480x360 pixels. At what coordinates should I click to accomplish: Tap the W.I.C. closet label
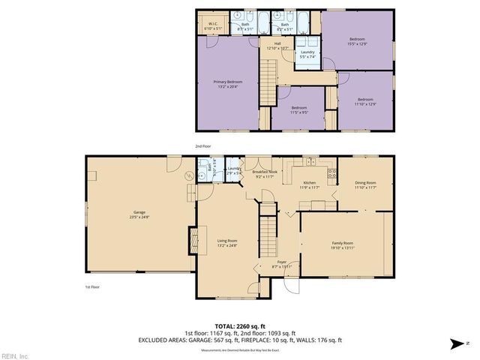(x=212, y=25)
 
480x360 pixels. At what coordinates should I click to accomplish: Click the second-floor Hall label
(x=277, y=45)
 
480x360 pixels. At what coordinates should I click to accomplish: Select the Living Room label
(x=227, y=241)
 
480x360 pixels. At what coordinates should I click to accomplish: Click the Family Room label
(x=343, y=244)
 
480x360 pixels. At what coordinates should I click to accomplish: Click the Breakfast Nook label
(x=267, y=175)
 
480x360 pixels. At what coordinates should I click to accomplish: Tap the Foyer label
(x=282, y=264)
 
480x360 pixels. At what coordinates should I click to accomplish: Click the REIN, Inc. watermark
(x=14, y=355)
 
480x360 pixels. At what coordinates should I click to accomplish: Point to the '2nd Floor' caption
(x=203, y=146)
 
